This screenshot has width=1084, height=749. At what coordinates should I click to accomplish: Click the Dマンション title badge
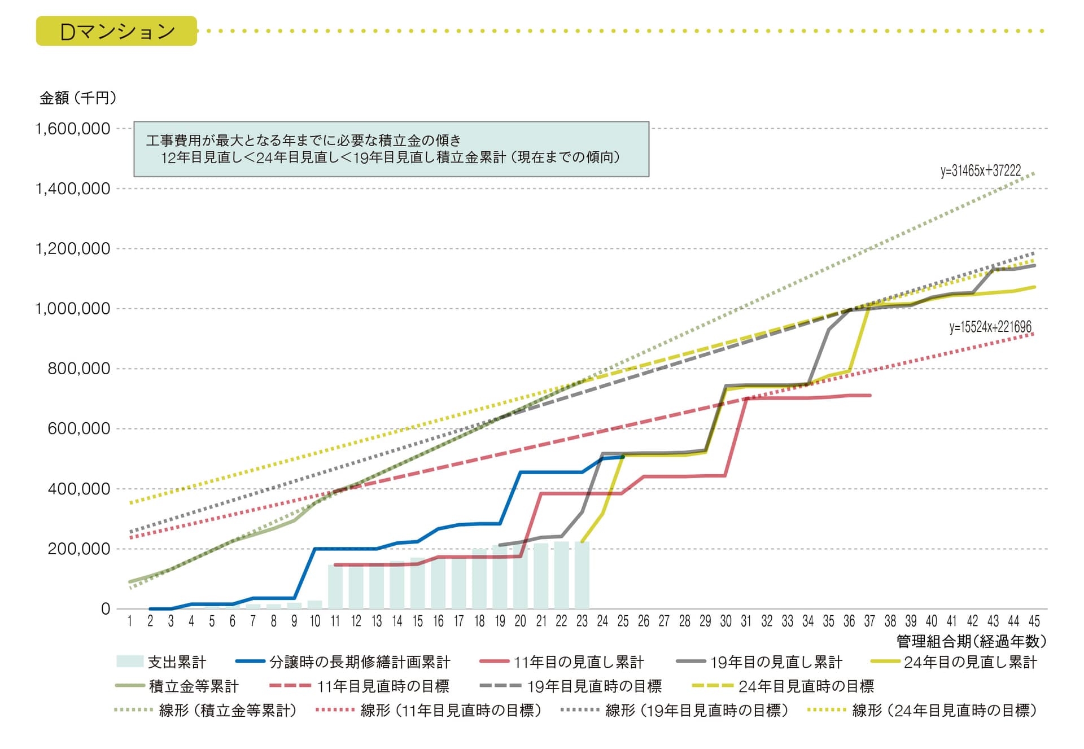coord(116,31)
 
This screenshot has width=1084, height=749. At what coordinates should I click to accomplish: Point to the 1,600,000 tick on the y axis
coord(73,129)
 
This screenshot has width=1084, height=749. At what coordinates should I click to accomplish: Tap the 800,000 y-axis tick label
coord(79,369)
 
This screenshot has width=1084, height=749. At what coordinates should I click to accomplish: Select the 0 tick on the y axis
coord(106,609)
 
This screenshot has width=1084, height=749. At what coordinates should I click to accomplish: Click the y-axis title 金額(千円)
coord(78,98)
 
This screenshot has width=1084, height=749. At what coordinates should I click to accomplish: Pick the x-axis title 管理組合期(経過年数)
coord(971,641)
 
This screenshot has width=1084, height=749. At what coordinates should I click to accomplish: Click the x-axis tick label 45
coord(1034,621)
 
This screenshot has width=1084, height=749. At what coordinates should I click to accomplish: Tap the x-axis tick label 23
coord(582,621)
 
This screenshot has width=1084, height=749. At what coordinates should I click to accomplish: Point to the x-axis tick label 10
coord(314,621)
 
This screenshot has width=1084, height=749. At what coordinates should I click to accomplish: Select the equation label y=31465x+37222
coord(981,171)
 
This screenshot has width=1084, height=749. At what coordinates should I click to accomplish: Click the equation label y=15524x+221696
coord(990,327)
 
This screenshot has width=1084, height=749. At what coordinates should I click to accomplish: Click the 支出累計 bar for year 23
coord(582,576)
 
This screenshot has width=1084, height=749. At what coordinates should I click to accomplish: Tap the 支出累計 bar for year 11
coord(335,587)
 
